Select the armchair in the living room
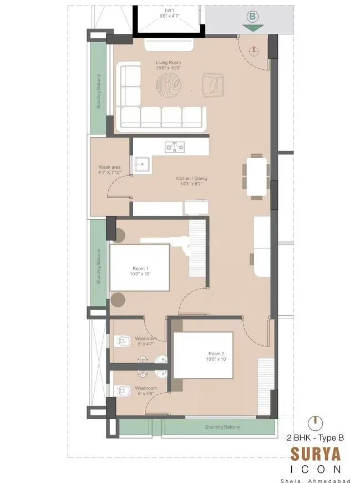coord(213,84)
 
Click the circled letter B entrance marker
coord(252,16)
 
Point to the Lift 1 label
coord(169,11)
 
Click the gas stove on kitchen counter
coord(175,147)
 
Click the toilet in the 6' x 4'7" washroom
coord(123,341)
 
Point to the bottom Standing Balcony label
coord(222,427)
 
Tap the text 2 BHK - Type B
coord(315,437)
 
